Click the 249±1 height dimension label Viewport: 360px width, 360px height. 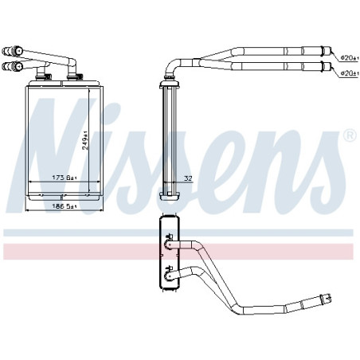tap(85, 140)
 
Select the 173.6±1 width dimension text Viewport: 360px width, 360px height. tap(64, 178)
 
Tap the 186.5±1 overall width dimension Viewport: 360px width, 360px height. tap(64, 206)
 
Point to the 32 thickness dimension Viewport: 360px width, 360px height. tap(188, 178)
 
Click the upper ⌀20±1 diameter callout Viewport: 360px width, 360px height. tap(350, 57)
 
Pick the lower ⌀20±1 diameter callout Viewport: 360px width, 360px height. tap(350, 73)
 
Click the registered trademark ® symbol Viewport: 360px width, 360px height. tap(350, 135)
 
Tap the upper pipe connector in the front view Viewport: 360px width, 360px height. tap(13, 51)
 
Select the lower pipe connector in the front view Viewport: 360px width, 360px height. tap(13, 66)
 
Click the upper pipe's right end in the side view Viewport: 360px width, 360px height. tap(327, 51)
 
